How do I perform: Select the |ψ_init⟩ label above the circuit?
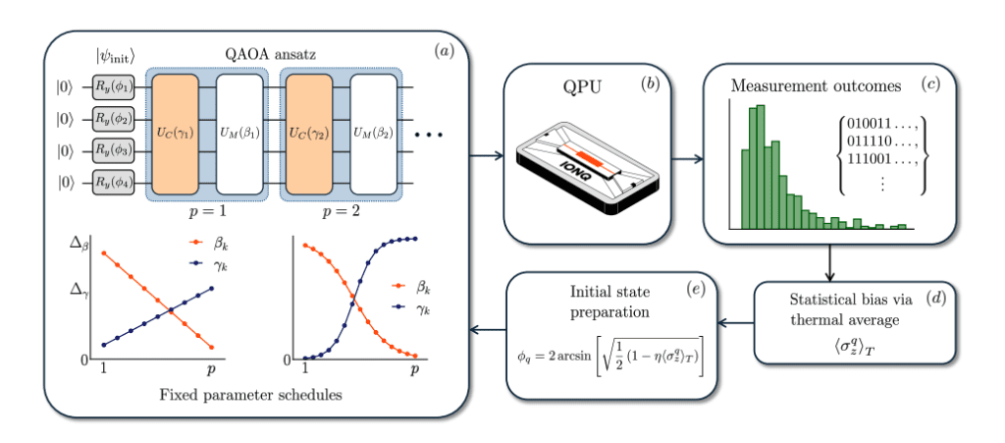[x=113, y=55]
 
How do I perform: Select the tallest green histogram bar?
[x=756, y=167]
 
